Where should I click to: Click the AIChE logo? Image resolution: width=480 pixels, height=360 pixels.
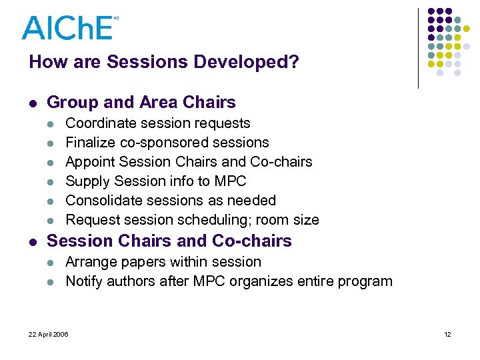(x=68, y=27)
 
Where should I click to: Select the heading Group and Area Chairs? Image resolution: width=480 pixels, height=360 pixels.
(x=141, y=102)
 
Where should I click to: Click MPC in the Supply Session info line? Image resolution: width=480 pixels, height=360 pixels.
(x=231, y=181)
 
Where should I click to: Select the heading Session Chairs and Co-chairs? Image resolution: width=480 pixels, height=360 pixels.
(x=169, y=241)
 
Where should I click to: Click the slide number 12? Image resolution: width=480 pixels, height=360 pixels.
(x=447, y=334)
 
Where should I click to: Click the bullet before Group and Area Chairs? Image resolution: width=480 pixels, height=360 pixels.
(x=33, y=103)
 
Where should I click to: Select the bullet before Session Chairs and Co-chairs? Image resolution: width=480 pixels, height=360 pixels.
(x=33, y=242)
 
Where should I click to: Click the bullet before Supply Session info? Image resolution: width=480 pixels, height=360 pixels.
(x=53, y=182)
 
